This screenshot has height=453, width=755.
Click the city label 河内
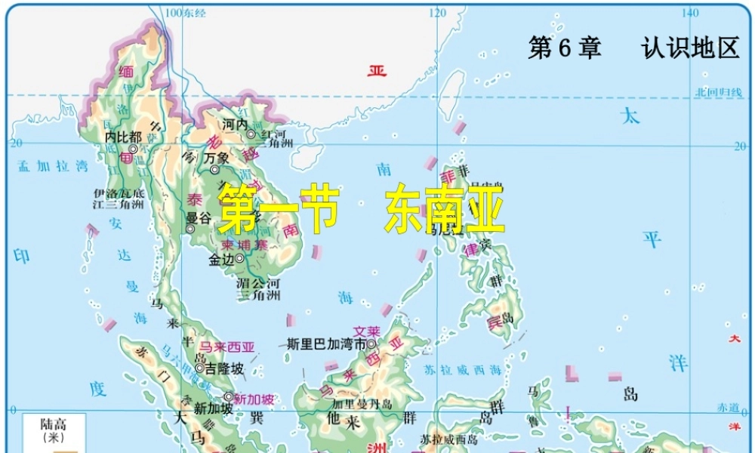point(235,124)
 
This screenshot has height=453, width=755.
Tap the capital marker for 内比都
point(133,149)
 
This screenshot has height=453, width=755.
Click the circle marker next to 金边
point(239,258)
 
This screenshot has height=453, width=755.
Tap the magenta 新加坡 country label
point(254,398)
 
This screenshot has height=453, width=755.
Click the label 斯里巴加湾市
point(326,344)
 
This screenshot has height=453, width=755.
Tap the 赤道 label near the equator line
point(728,407)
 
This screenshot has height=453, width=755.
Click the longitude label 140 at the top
point(689,12)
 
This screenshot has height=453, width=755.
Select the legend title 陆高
point(53,424)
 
